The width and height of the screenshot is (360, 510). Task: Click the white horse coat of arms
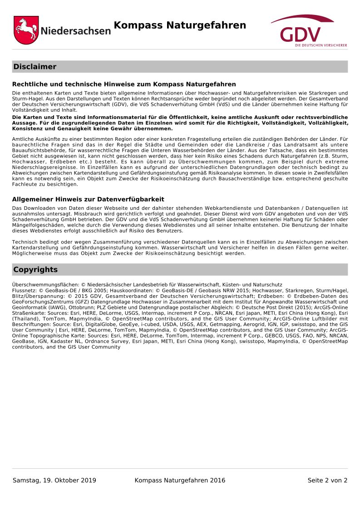[x=26, y=30]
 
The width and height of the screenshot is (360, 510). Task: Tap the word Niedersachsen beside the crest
[x=75, y=31]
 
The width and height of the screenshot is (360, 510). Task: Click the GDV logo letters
[x=300, y=35]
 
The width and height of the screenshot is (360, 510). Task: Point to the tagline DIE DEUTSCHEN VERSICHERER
[x=321, y=45]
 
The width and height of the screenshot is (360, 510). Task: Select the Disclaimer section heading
[x=35, y=67]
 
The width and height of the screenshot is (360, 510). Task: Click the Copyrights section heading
[x=35, y=270]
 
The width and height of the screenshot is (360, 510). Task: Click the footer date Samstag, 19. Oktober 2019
[x=54, y=480]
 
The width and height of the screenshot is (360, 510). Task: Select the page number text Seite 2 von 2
[x=327, y=480]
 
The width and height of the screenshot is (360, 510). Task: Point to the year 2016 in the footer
[x=217, y=480]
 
